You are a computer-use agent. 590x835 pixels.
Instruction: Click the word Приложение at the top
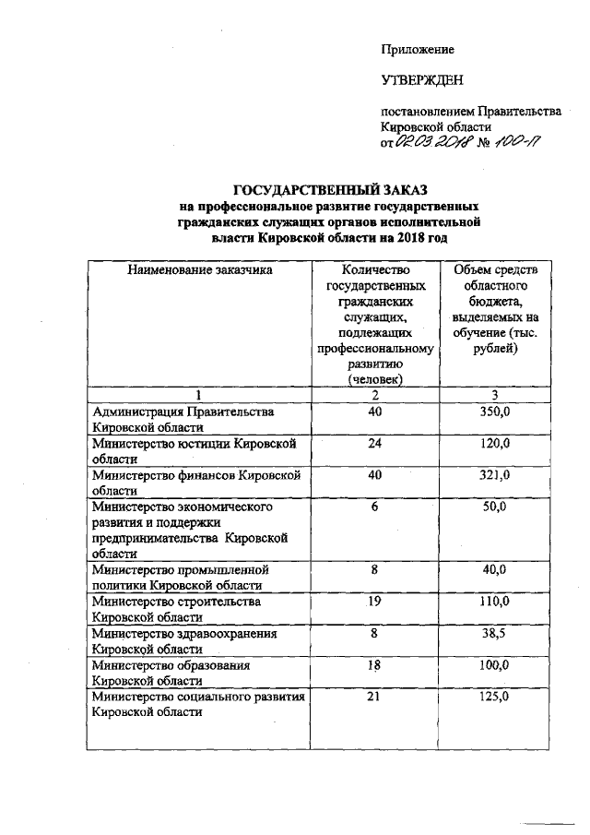[419, 47]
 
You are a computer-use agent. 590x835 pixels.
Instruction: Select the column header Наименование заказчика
[197, 271]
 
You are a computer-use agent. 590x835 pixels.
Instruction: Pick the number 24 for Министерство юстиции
[374, 444]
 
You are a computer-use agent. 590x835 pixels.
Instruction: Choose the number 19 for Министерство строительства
[375, 602]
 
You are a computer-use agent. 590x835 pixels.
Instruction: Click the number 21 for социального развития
[374, 698]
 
